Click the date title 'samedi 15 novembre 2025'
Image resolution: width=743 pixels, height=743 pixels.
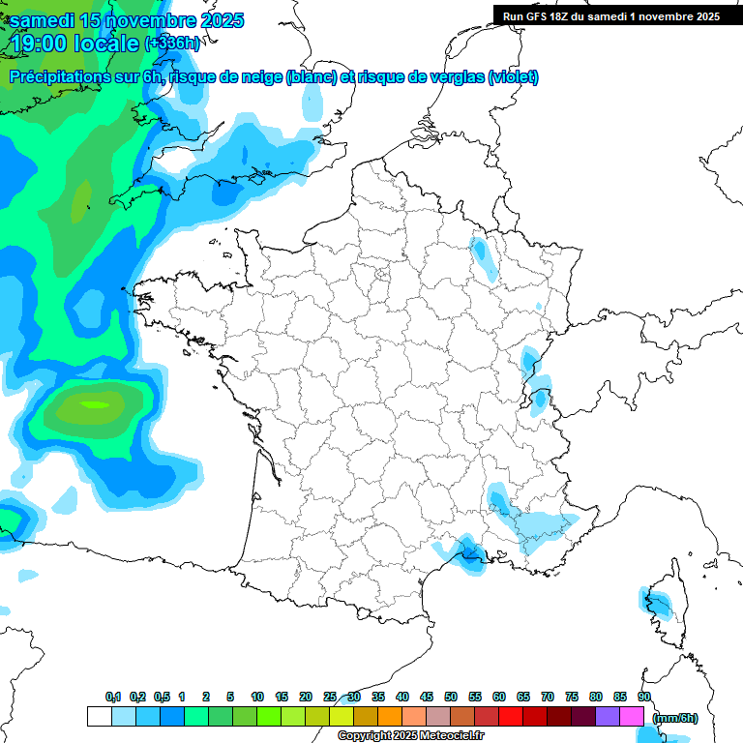click(127, 20)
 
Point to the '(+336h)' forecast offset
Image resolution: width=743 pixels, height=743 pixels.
click(173, 44)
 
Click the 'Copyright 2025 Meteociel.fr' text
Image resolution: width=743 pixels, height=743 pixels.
click(410, 736)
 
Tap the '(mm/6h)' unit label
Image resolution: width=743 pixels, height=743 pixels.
click(676, 718)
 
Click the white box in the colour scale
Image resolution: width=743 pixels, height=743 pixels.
click(99, 717)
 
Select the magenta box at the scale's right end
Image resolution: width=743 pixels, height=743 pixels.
click(632, 717)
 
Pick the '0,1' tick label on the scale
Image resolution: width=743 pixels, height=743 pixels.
click(112, 697)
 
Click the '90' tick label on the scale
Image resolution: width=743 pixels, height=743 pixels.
click(644, 697)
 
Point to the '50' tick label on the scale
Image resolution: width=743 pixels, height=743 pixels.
click(451, 697)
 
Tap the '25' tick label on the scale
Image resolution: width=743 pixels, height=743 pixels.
click(330, 697)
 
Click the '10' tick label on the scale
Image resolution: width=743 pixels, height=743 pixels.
click(257, 697)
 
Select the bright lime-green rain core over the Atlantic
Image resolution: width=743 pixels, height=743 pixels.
click(94, 404)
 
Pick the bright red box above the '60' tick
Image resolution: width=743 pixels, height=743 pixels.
click(511, 717)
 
